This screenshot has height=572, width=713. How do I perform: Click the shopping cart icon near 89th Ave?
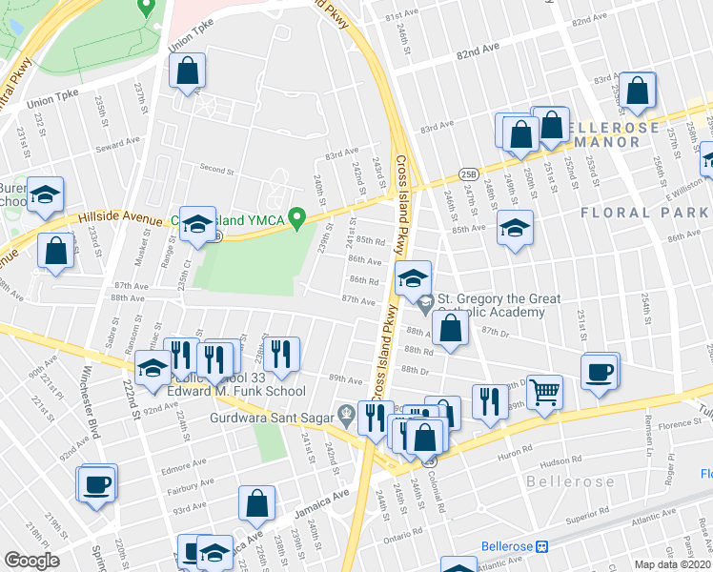[544, 390]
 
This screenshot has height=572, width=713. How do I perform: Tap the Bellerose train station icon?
[542, 546]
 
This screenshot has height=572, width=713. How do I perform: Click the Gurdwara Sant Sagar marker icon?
[345, 415]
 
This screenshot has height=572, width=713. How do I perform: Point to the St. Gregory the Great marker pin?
[425, 303]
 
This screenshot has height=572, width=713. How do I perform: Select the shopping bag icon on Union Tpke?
[188, 71]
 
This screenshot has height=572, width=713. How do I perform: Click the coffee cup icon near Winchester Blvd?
[96, 482]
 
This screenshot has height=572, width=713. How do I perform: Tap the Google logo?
[31, 561]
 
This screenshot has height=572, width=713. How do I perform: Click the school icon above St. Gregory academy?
[413, 278]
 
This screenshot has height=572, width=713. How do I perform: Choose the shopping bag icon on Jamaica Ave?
[256, 504]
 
